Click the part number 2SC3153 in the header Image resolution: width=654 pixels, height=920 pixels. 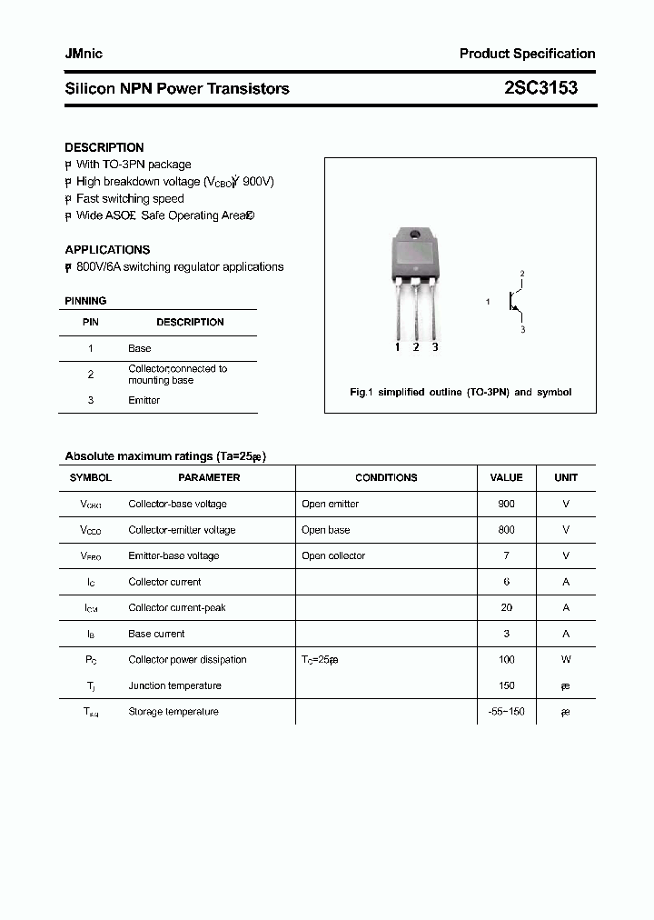coord(540,88)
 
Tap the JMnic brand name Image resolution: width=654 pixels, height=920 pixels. coord(84,54)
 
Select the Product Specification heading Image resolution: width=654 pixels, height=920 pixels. coord(527,54)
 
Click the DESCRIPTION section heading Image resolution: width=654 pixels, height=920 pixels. coord(104,147)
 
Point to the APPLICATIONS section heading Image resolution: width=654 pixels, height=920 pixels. coord(107,249)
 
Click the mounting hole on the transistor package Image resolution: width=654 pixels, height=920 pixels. coord(416,236)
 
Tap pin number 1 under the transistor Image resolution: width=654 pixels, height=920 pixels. coord(398,346)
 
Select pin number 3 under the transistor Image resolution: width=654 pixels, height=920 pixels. coord(435,346)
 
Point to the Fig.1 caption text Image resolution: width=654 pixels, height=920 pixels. coord(461,392)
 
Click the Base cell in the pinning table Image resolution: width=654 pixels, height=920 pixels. coord(140,348)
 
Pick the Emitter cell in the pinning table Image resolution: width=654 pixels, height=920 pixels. coord(144,400)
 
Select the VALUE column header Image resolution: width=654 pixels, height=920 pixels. coord(506,477)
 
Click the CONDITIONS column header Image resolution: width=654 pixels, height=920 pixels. coord(386,477)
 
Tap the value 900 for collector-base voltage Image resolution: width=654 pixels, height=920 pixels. coord(506,504)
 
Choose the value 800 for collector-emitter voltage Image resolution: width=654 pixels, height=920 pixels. coord(506,529)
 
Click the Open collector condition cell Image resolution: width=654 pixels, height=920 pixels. coord(333,555)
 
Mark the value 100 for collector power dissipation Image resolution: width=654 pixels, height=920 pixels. coord(506,659)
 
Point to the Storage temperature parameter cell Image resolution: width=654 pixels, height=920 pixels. coord(173,711)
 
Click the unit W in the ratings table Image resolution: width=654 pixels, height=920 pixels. coord(566,659)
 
